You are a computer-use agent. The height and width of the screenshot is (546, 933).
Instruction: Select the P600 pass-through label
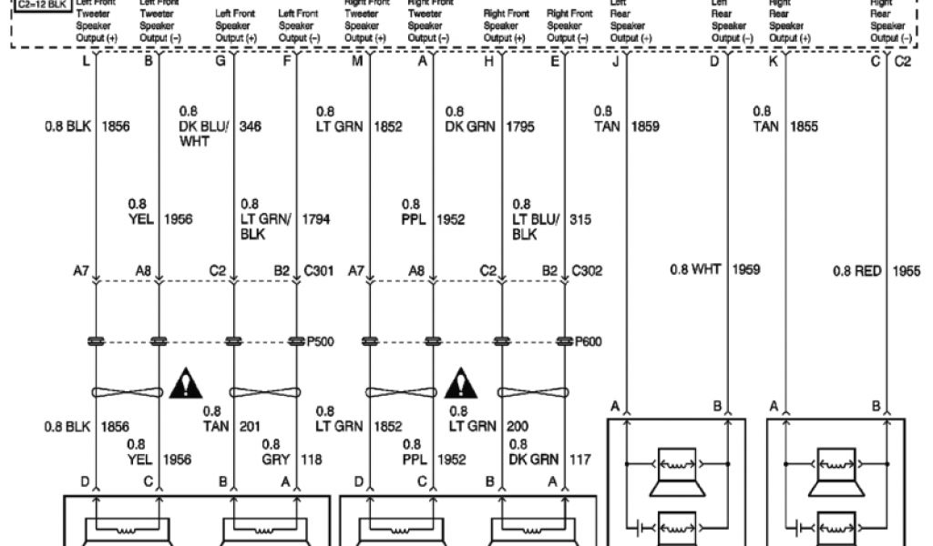tap(588, 342)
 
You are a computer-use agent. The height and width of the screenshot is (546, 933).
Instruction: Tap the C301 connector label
tap(318, 270)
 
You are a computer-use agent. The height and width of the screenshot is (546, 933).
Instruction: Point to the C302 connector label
tap(587, 270)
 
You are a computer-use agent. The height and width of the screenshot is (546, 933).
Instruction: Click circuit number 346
tap(251, 126)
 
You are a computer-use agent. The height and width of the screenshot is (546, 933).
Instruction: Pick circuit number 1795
tap(521, 126)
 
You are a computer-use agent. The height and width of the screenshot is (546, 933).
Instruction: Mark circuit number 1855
tap(805, 126)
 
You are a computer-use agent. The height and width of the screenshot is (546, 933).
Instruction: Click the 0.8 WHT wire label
tap(695, 269)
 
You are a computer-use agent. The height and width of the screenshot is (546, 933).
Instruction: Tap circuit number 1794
tap(316, 219)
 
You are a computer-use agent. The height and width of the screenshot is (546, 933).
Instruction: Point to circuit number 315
tap(579, 219)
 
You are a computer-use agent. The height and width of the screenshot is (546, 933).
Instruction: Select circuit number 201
tap(249, 426)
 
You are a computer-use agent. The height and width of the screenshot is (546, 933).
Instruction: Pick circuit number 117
tap(579, 460)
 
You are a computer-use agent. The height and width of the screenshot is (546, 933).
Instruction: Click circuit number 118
tap(311, 460)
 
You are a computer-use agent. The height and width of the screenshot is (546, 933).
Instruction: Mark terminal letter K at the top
tap(773, 61)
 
